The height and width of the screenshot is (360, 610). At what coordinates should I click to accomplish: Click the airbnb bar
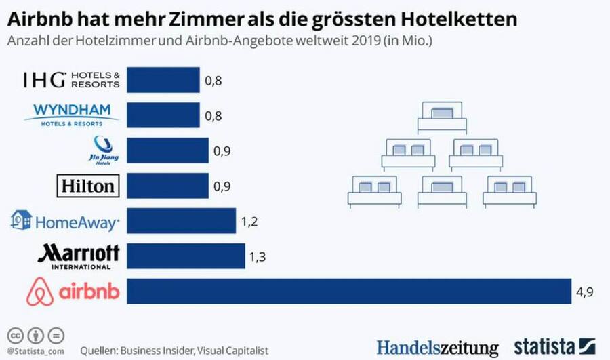(349, 292)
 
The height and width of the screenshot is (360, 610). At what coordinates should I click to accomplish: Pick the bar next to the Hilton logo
(163, 185)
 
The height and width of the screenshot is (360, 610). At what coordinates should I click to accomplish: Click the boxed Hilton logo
(89, 185)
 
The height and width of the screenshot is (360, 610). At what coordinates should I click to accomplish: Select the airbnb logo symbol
(40, 292)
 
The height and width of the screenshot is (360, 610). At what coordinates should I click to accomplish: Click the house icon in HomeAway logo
(21, 220)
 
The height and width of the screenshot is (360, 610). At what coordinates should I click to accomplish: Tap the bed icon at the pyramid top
(440, 117)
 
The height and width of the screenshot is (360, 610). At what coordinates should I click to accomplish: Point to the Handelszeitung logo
(437, 345)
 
